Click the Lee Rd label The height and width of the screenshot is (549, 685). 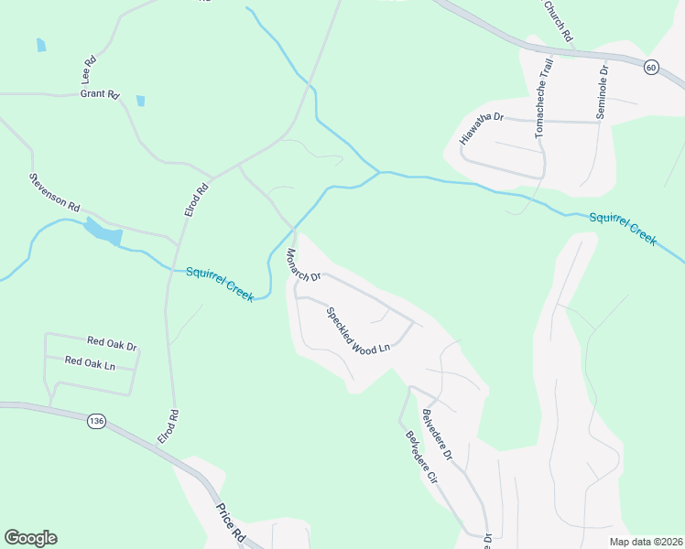pos(90,70)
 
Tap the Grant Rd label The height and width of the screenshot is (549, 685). pos(100,94)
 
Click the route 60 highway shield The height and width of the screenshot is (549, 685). pos(650,68)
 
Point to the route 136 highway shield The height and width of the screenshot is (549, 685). pos(96,421)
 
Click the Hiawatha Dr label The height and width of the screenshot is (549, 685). pos(483,128)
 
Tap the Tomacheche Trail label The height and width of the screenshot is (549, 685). pos(544,98)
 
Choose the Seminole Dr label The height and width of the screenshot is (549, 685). pos(603,88)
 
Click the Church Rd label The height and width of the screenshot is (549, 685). pos(558,20)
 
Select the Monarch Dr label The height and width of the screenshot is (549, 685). pos(303,264)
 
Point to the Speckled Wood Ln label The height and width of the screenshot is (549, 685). pos(358,330)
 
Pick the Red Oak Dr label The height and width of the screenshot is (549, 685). pos(112,345)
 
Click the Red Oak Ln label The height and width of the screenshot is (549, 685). pos(90,362)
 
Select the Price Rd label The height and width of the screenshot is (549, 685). pos(232,523)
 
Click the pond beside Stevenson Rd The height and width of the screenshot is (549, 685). pos(103,232)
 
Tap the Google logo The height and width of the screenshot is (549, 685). pos(30,538)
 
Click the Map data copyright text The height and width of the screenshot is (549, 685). pos(646,542)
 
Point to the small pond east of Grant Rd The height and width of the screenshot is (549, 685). pos(140,101)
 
